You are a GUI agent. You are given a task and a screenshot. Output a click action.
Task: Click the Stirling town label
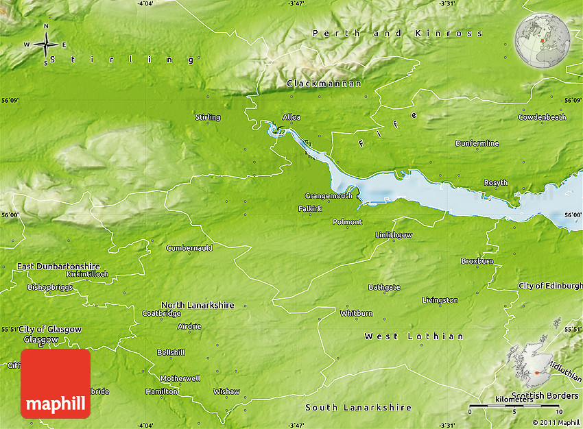208,117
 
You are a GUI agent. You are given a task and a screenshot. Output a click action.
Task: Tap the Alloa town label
291,117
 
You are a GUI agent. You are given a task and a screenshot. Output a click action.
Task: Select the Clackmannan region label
324,84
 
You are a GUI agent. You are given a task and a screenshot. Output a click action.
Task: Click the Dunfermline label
477,143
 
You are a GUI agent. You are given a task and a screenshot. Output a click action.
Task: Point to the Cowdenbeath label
543,117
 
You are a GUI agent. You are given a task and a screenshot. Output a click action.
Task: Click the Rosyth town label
496,183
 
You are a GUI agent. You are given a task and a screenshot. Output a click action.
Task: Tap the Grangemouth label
329,196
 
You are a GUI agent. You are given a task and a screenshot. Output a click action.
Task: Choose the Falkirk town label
310,208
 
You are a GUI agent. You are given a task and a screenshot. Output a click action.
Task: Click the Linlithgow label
394,235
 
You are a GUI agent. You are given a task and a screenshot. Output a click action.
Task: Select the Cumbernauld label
189,248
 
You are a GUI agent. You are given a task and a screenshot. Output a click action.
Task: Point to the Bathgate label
384,287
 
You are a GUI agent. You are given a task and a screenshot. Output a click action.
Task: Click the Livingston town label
440,300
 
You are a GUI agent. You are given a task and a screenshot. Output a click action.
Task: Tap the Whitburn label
357,313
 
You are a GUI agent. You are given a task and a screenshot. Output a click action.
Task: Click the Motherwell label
180,378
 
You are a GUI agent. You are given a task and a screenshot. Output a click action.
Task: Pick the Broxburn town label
477,261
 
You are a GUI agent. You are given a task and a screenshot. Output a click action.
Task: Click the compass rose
45,45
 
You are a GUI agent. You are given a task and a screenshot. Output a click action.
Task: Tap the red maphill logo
56,384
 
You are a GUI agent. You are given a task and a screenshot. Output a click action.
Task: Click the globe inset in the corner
543,40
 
